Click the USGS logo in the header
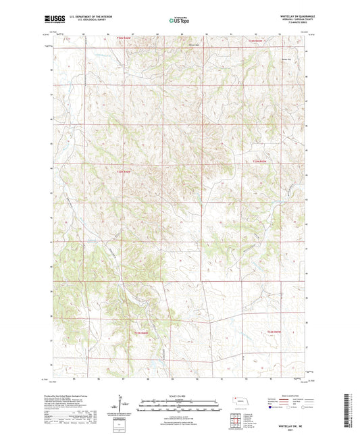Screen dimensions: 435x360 pyautogui.click(x=53, y=18)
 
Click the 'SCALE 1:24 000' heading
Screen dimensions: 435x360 pyautogui.click(x=180, y=395)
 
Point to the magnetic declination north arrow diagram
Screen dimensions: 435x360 pyautogui.click(x=124, y=404)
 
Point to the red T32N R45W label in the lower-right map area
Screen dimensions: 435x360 pyautogui.click(x=274, y=332)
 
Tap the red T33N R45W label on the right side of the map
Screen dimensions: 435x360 pyautogui.click(x=261, y=161)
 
